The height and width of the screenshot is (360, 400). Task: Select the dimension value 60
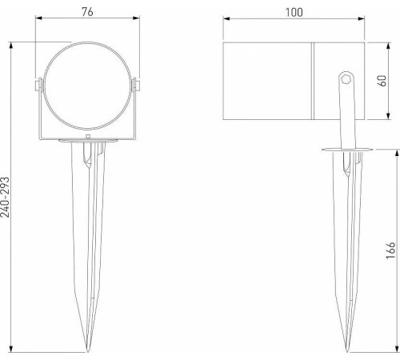pyautogui.click(x=392, y=80)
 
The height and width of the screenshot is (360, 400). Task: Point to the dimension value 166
pyautogui.click(x=390, y=250)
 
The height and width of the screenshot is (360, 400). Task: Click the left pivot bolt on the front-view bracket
pyautogui.click(x=38, y=83)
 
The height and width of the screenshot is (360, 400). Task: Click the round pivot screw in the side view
pyautogui.click(x=346, y=78)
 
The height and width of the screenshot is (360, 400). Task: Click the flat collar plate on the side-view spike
pyautogui.click(x=346, y=150)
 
